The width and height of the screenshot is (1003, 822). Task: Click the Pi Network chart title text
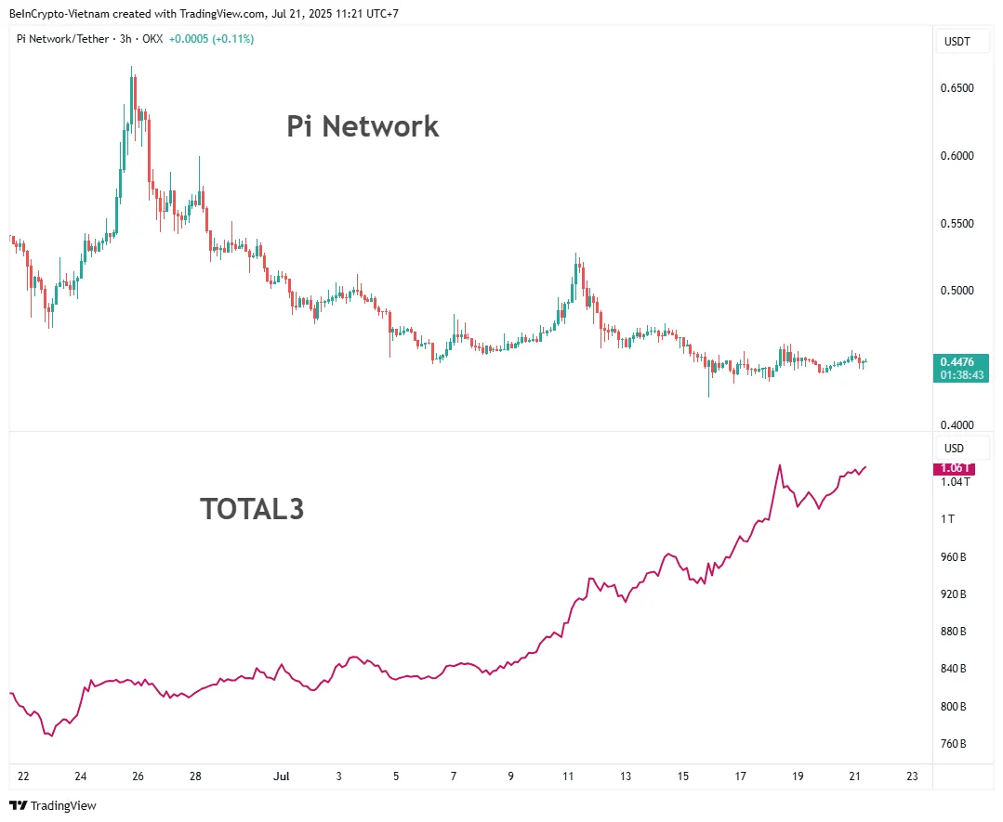pos(363,126)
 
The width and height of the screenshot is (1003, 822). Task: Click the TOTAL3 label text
pos(252,509)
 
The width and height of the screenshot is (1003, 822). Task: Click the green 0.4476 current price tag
pos(961,362)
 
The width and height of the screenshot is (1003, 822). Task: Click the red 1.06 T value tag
pos(954,469)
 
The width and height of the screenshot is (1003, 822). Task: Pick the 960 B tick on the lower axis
pos(954,557)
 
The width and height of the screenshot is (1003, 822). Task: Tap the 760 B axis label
pos(954,744)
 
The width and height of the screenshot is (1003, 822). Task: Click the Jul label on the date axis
pos(280,776)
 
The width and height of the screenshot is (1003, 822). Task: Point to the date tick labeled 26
pos(138,776)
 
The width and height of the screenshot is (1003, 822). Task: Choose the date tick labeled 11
pos(568,776)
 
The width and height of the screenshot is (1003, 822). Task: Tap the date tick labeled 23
pos(912,776)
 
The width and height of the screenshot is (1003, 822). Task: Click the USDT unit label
pos(957,42)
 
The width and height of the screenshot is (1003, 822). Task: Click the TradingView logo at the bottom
pos(53,805)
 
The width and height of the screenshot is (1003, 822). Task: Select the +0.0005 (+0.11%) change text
pos(211,39)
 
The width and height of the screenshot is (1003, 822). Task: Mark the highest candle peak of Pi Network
pos(131,68)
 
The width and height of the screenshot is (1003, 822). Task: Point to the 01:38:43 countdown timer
pos(961,375)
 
